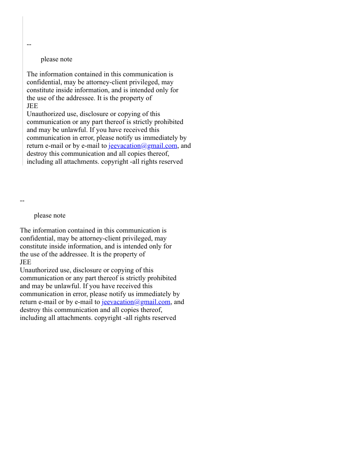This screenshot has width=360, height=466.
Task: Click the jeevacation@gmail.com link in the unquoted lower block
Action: tap(136, 302)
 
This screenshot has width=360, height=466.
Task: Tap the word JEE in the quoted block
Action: tap(32, 106)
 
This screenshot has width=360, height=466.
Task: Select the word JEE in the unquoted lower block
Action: tap(26, 262)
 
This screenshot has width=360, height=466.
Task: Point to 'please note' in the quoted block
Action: tap(56, 59)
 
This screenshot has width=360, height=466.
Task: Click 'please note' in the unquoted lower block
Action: tap(49, 215)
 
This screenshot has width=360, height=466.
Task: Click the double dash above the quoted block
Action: tap(29, 44)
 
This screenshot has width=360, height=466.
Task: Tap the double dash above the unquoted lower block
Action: tap(22, 200)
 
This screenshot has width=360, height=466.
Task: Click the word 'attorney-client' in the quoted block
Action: tap(108, 82)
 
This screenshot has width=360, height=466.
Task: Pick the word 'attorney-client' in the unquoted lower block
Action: tap(101, 238)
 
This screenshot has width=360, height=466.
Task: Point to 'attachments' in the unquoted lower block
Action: tap(74, 318)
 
